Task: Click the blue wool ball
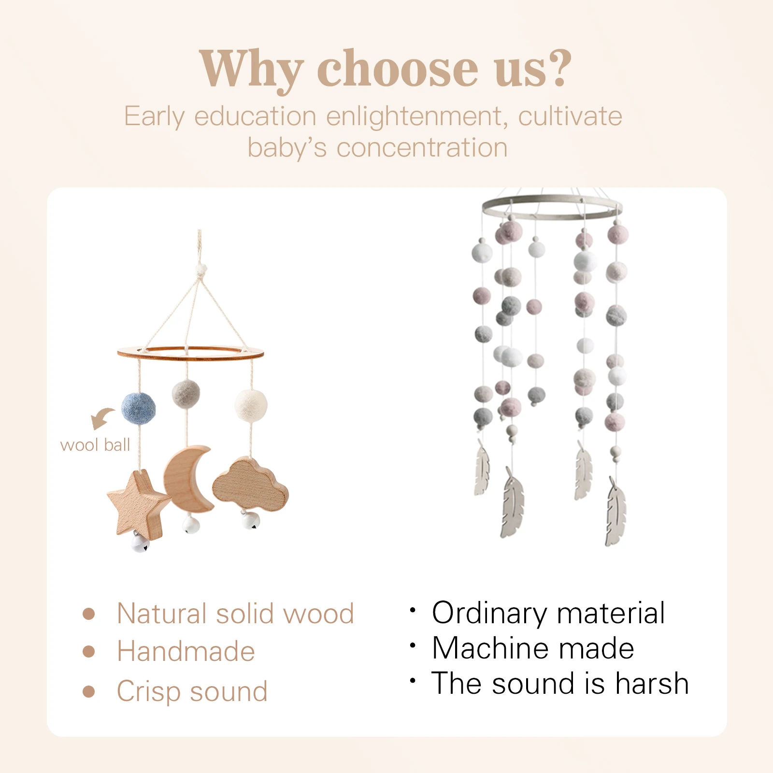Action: [138, 408]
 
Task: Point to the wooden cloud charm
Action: [250, 485]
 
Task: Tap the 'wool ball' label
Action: [95, 445]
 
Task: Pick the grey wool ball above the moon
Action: [186, 393]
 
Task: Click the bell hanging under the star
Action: [140, 543]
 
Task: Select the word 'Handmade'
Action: [186, 651]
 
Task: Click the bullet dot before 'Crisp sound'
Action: [88, 691]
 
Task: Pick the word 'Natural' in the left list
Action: [163, 614]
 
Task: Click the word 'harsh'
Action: [652, 683]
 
